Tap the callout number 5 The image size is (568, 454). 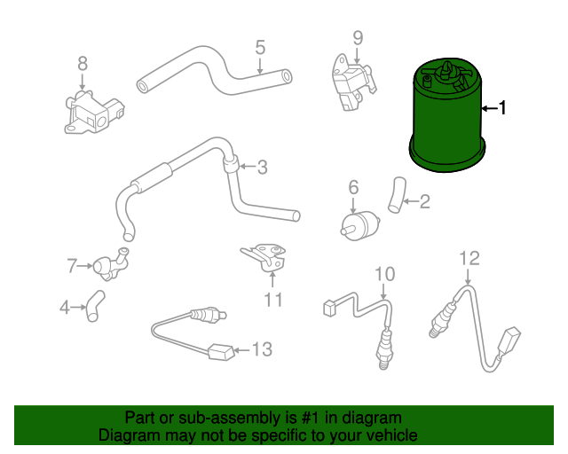pyautogui.click(x=260, y=46)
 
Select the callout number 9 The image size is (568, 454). pyautogui.click(x=358, y=37)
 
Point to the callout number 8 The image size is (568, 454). pyautogui.click(x=83, y=63)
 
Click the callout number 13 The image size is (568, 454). pyautogui.click(x=261, y=350)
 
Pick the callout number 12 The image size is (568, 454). pyautogui.click(x=469, y=258)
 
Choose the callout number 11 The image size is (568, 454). pyautogui.click(x=273, y=300)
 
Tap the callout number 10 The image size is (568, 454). pyautogui.click(x=383, y=273)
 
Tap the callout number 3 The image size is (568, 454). pyautogui.click(x=262, y=166)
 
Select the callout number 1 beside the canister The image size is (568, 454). pyautogui.click(x=502, y=109)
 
